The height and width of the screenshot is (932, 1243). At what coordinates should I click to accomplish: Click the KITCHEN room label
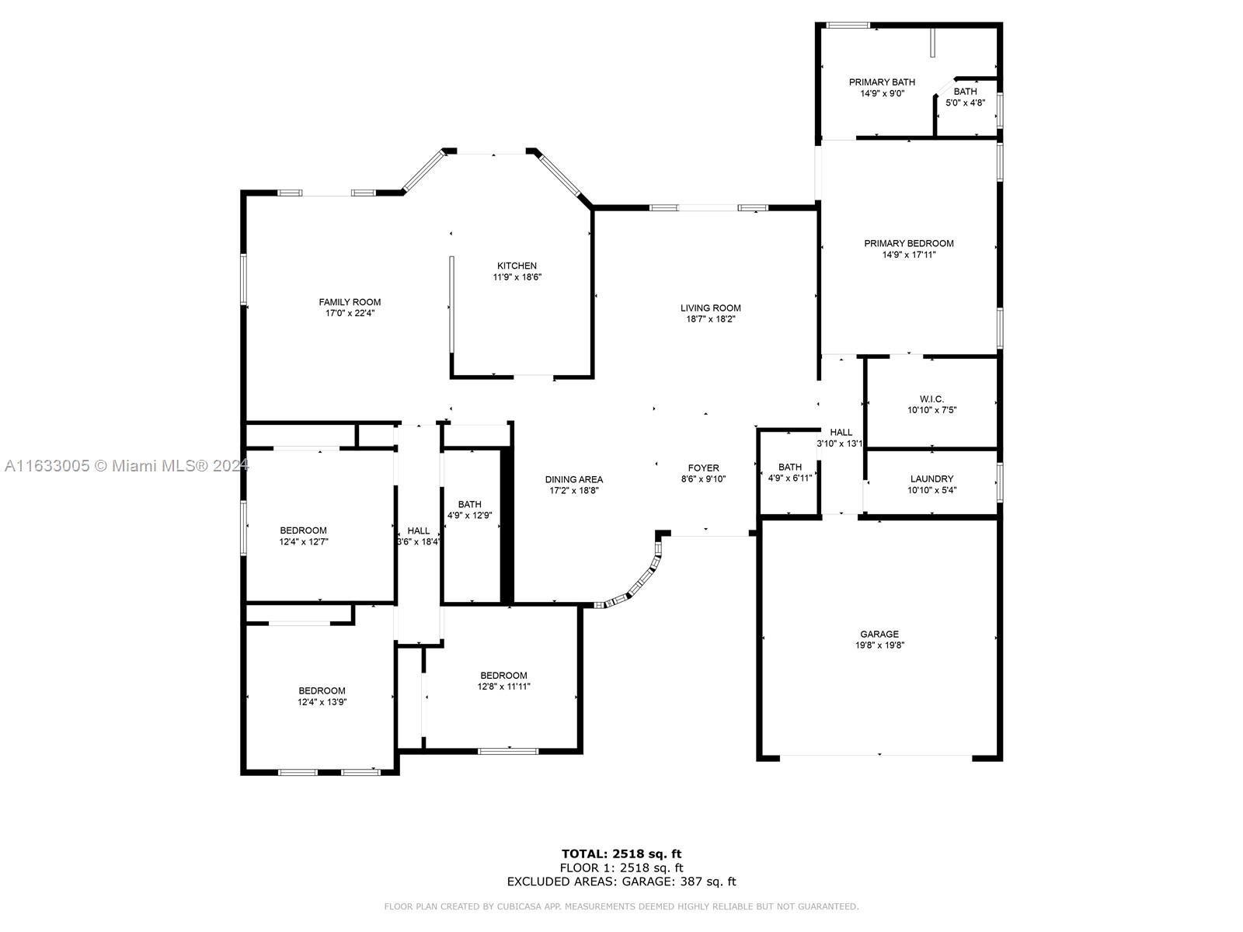coord(517,266)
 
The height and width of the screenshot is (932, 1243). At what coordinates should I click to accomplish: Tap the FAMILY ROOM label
coord(350,302)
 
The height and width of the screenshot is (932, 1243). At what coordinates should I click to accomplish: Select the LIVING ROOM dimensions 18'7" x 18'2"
coord(710,319)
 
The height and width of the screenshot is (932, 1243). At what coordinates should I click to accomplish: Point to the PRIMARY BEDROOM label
coord(908,243)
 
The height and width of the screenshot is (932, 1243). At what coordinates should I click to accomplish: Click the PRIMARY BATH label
coord(882,82)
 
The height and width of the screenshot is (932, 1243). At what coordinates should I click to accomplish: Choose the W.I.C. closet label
coord(931,399)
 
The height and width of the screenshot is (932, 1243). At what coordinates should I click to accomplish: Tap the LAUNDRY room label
coord(931,478)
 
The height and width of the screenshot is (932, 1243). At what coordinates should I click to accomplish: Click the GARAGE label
coord(879,635)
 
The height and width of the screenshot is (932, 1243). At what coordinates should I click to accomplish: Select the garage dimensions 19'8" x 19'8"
coord(879,645)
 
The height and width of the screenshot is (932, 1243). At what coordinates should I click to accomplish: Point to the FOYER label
coord(703,468)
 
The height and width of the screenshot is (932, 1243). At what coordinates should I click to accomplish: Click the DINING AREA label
coord(573,480)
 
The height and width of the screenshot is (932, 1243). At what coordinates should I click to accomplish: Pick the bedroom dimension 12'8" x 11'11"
coord(503,687)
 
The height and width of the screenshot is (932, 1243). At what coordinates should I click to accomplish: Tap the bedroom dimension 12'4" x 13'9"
coord(322,702)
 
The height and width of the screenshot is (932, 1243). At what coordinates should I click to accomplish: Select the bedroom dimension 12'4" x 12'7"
coord(303,542)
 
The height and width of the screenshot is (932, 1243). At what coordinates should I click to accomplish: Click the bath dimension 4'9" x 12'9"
coord(469,516)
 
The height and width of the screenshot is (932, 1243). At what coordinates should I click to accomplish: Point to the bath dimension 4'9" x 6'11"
coord(789,478)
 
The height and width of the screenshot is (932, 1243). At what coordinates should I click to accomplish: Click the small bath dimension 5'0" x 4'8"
coord(965,103)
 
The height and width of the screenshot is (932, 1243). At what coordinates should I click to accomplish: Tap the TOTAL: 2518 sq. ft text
coord(621,854)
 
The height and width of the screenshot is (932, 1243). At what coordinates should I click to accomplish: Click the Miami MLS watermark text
coord(127,466)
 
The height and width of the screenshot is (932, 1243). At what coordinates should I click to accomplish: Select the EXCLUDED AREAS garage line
coord(621,881)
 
